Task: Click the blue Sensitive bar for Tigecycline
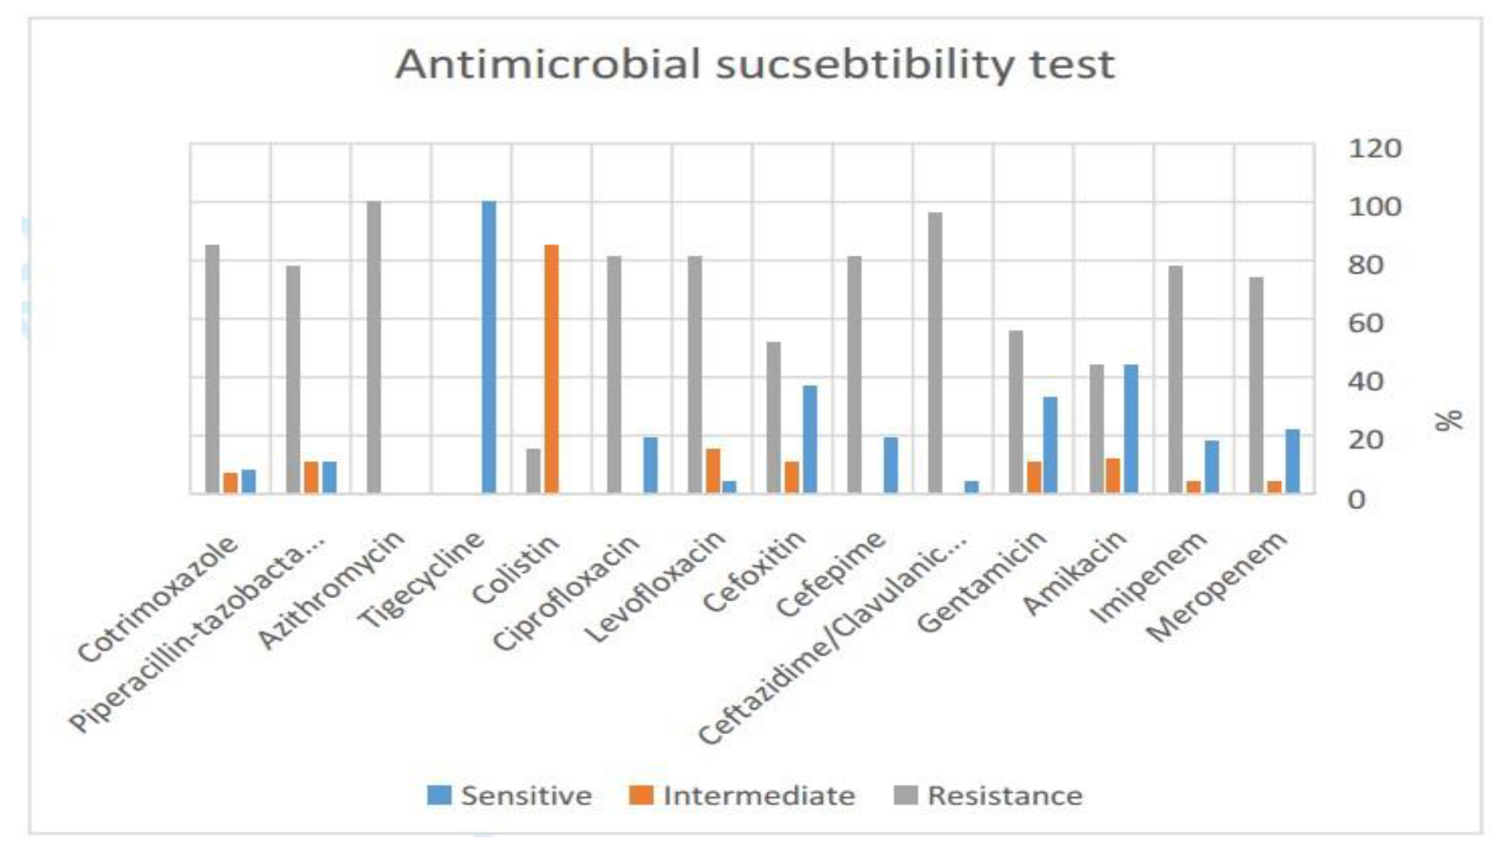(x=488, y=347)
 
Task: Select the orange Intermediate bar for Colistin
(x=551, y=369)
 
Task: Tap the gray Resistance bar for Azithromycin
(x=374, y=347)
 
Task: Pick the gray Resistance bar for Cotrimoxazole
(x=213, y=369)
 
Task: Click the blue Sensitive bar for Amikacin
(x=1131, y=429)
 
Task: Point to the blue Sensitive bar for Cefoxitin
(x=810, y=439)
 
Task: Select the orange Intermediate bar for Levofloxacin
(x=713, y=471)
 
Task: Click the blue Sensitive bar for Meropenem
(x=1293, y=461)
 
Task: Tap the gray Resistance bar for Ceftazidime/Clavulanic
(x=935, y=353)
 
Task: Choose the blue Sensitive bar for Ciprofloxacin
(x=651, y=465)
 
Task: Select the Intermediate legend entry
(x=743, y=796)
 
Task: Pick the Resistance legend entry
(x=989, y=796)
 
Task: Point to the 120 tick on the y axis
(x=1375, y=149)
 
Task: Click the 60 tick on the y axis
(x=1366, y=324)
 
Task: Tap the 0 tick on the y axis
(x=1357, y=500)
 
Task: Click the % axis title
(x=1447, y=421)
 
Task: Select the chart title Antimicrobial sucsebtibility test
(x=754, y=65)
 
